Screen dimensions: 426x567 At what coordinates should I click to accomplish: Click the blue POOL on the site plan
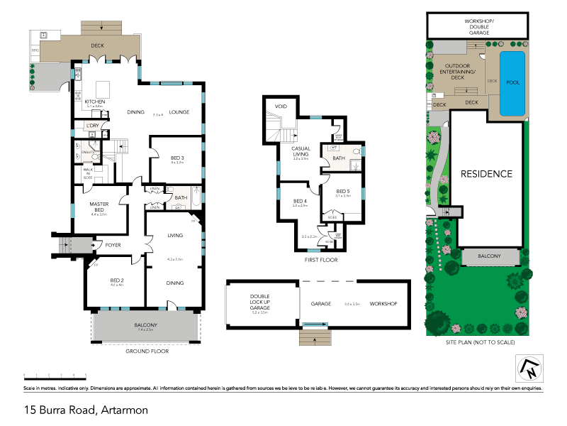pyautogui.click(x=512, y=83)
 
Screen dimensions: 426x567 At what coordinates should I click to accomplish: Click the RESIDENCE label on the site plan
pyautogui.click(x=486, y=173)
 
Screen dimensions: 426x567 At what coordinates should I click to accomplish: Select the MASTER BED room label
pyautogui.click(x=99, y=207)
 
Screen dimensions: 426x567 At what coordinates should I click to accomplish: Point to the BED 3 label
pyautogui.click(x=177, y=158)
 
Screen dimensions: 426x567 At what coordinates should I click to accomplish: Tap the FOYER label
pyautogui.click(x=113, y=246)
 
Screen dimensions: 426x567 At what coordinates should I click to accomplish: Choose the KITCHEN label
pyautogui.click(x=95, y=102)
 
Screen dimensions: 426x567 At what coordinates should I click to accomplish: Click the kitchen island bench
pyautogui.click(x=104, y=88)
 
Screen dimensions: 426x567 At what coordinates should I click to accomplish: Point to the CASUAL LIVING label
pyautogui.click(x=302, y=151)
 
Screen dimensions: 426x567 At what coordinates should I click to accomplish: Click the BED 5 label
pyautogui.click(x=343, y=191)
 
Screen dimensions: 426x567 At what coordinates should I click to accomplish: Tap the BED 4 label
pyautogui.click(x=300, y=201)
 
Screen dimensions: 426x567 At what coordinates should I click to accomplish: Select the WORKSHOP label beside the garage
pyautogui.click(x=382, y=303)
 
